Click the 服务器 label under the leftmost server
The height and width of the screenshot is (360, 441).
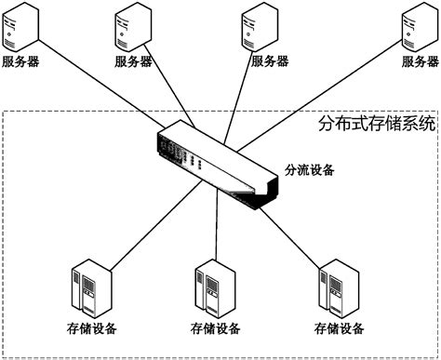click(21, 62)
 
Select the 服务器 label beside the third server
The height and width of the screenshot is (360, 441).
click(272, 62)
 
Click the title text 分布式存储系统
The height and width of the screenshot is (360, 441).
click(377, 125)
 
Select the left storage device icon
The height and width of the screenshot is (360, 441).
click(90, 291)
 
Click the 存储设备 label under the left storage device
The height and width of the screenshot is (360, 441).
click(92, 328)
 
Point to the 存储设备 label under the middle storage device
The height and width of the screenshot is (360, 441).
click(216, 328)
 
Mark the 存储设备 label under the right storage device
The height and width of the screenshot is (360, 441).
click(339, 328)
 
